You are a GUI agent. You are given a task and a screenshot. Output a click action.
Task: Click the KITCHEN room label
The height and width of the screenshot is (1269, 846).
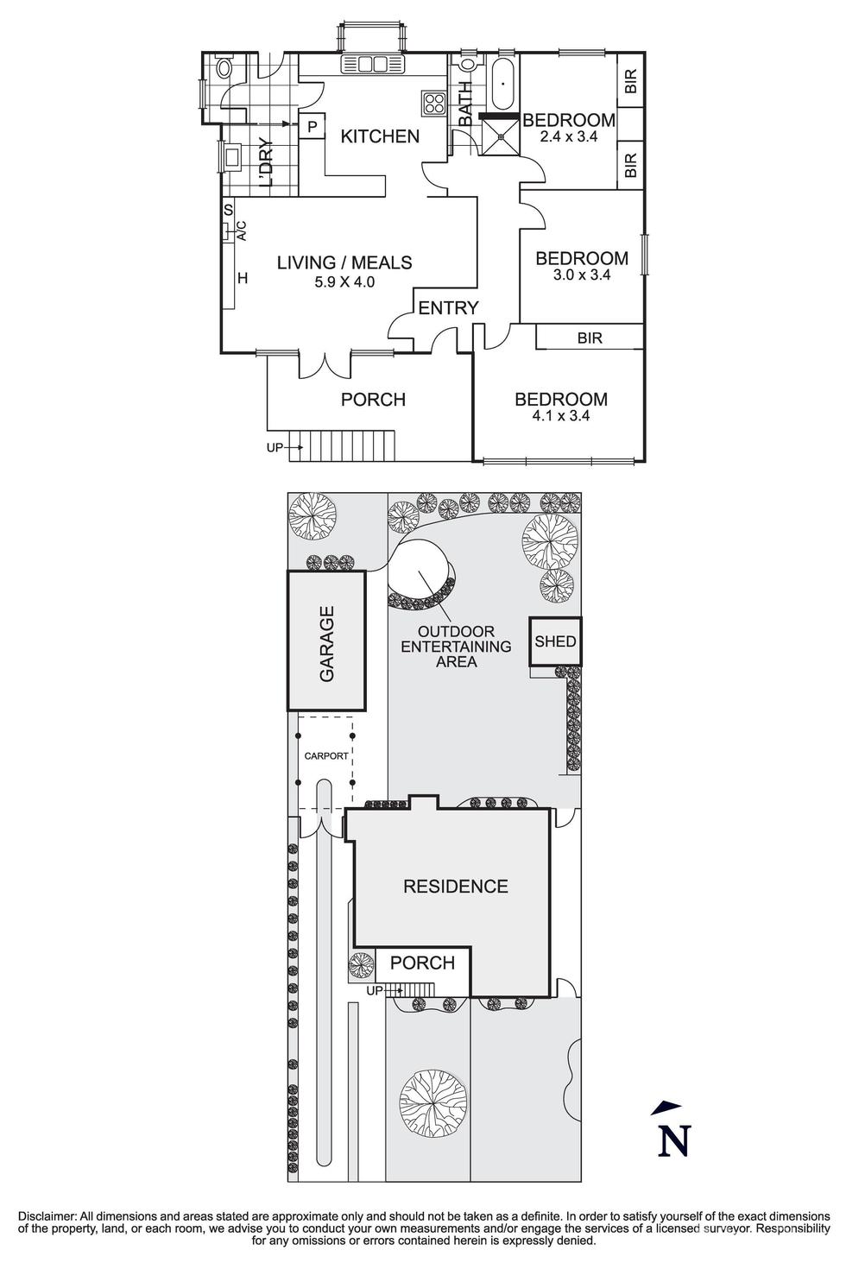click(x=380, y=136)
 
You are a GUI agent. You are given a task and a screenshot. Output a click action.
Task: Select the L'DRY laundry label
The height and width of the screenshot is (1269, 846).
click(x=267, y=163)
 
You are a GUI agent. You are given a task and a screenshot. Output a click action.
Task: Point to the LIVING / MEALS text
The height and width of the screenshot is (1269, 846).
click(x=344, y=263)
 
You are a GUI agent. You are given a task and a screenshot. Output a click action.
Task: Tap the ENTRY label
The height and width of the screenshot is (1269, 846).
click(x=448, y=308)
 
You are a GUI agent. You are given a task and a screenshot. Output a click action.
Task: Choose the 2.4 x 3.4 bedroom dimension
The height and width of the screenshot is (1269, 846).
click(x=568, y=136)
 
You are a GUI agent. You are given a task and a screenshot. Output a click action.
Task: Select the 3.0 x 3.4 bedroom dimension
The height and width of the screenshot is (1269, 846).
click(x=581, y=275)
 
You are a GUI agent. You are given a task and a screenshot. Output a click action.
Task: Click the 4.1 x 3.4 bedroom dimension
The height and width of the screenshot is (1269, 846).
click(x=560, y=415)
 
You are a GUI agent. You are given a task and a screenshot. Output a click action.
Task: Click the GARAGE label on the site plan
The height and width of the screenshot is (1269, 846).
click(x=327, y=644)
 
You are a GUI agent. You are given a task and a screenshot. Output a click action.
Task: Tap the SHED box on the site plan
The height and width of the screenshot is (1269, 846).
click(x=555, y=641)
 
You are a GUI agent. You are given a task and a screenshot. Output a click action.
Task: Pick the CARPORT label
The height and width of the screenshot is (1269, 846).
click(x=326, y=756)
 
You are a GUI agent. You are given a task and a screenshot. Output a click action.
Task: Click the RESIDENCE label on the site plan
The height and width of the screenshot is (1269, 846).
click(x=455, y=887)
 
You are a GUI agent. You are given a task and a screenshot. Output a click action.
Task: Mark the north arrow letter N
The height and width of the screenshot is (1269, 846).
click(x=674, y=1141)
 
